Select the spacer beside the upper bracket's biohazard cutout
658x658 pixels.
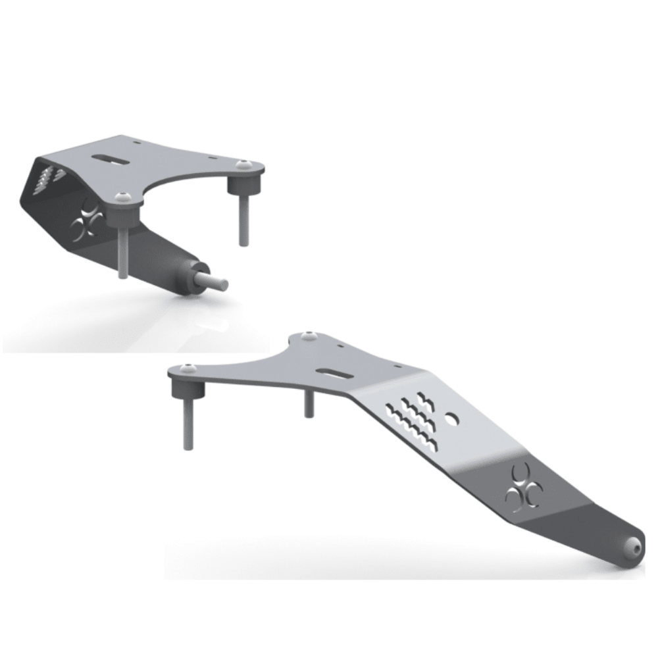124,212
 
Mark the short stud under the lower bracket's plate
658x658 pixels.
309,401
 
